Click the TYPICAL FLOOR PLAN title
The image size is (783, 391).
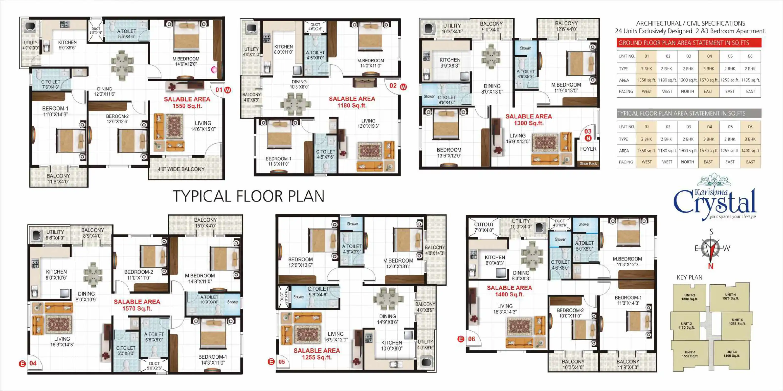click(x=249, y=196)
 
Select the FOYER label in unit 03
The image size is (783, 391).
click(x=588, y=149)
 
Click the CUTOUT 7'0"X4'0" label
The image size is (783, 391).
click(x=484, y=227)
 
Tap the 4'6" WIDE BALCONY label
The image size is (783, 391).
click(x=181, y=169)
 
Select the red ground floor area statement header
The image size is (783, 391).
click(x=689, y=43)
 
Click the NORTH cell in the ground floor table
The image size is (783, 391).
click(x=688, y=91)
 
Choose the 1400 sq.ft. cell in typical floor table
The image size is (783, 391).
click(x=750, y=151)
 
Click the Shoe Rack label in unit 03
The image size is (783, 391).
click(x=588, y=164)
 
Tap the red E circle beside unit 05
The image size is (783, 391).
click(x=271, y=362)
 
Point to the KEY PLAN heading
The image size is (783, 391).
click(x=689, y=277)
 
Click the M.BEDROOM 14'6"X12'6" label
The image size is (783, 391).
click(x=186, y=61)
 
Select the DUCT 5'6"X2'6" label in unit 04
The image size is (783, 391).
click(x=154, y=366)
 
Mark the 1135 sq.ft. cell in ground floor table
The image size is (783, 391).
click(x=750, y=80)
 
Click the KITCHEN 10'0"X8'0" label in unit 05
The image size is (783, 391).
click(x=391, y=346)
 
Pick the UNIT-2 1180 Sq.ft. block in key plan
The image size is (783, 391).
click(x=686, y=325)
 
